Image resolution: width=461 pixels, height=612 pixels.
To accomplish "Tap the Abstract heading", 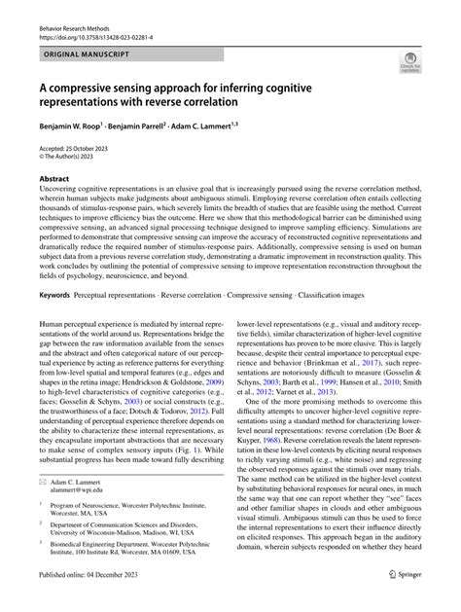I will tap(54, 180).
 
